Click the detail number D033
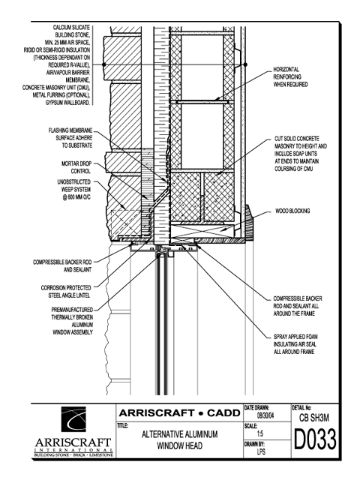315,439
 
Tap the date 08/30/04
265,416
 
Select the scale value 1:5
260,433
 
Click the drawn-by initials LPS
261,451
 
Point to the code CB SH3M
314,418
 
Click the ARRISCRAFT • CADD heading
180,413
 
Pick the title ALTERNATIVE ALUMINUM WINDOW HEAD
180,440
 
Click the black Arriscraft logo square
73,419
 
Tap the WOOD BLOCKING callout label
292,211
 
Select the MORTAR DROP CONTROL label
76,167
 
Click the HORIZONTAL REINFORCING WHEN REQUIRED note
290,76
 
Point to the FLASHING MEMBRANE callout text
70,138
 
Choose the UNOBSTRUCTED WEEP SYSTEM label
74,190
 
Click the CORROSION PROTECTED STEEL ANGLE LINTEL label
66,292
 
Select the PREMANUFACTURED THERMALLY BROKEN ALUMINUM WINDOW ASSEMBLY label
72,321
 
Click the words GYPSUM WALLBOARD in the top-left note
68,103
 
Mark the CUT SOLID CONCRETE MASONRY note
301,154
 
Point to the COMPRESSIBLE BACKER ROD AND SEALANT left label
62,266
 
